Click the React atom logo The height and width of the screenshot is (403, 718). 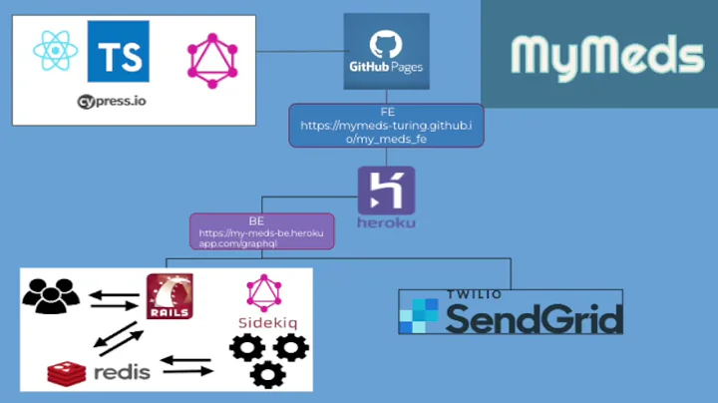52,50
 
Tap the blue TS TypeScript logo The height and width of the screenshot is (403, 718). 118,51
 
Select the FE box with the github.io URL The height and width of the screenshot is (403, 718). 386,126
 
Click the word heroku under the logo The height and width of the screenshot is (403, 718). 386,221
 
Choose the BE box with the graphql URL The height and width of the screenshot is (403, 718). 261,231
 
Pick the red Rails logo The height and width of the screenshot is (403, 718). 170,296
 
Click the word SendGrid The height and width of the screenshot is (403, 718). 535,319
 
